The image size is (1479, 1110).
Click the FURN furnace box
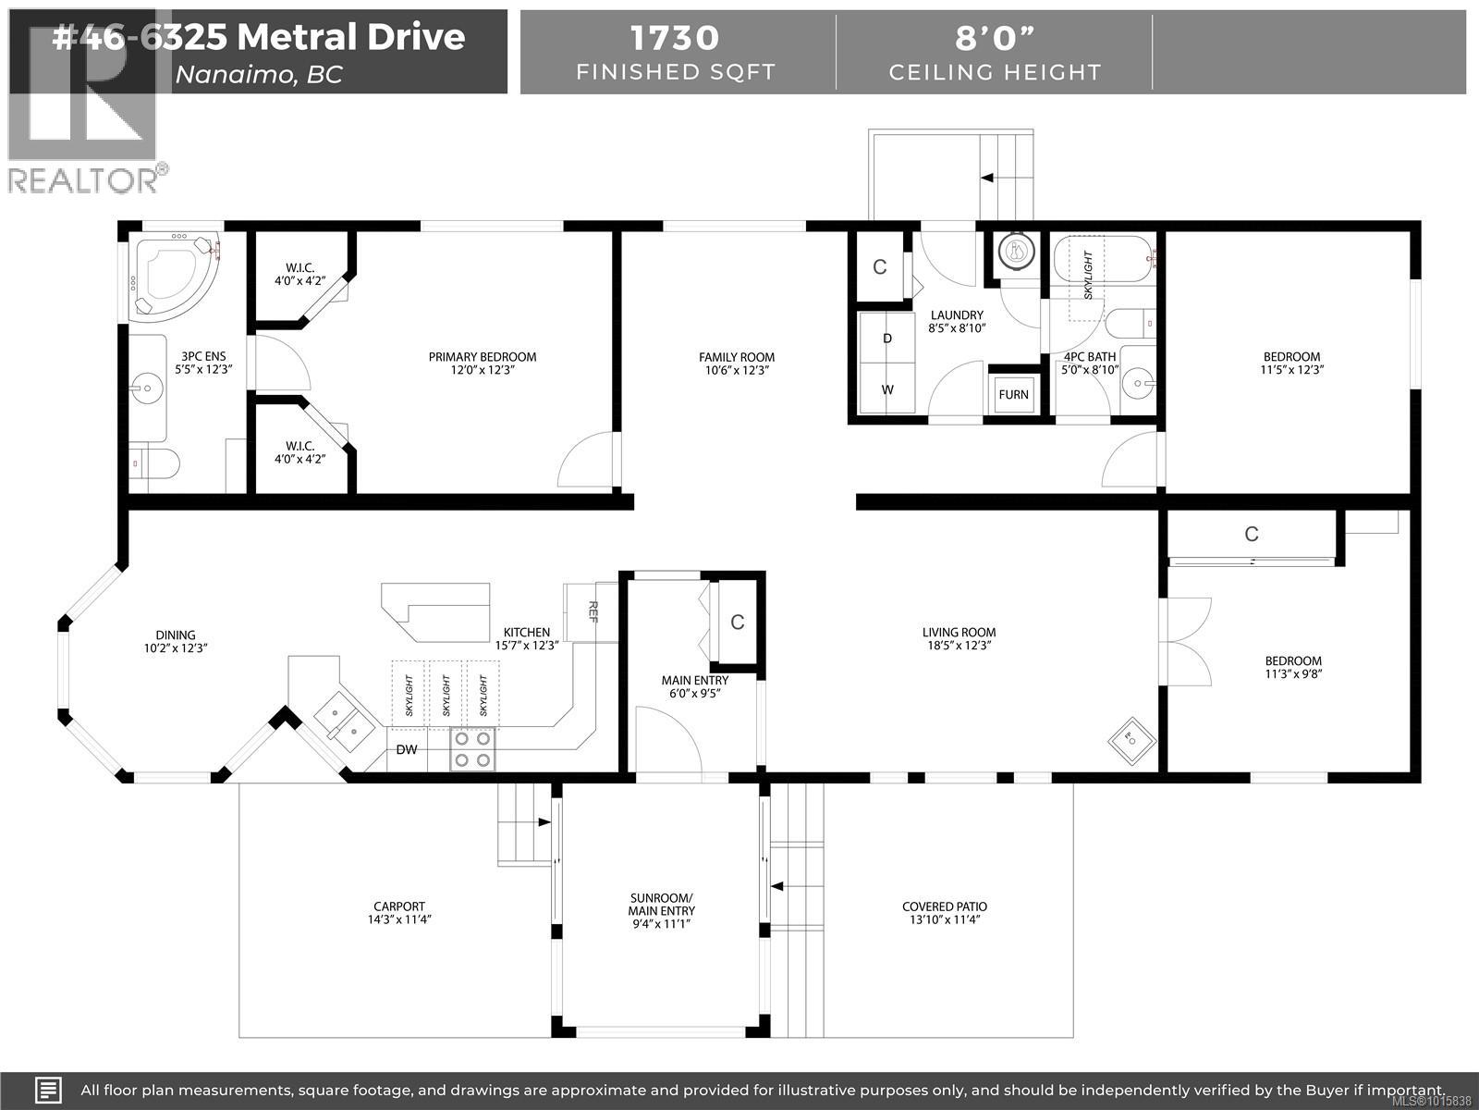1013,394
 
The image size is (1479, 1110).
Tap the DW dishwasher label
407,749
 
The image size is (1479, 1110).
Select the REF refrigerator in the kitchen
593,611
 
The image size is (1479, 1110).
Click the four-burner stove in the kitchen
472,749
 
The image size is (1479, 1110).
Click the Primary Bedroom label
482,357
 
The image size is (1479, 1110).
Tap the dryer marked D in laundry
887,339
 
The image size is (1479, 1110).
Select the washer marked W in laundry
887,389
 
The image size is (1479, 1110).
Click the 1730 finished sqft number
675,38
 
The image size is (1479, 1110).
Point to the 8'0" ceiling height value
995,38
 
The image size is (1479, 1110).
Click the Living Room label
959,633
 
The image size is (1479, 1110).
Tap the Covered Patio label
944,906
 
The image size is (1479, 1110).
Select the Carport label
399,906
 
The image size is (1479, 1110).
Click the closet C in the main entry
738,623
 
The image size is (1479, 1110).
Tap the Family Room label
737,357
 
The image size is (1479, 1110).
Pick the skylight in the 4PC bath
1088,275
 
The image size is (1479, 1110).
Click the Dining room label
176,635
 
